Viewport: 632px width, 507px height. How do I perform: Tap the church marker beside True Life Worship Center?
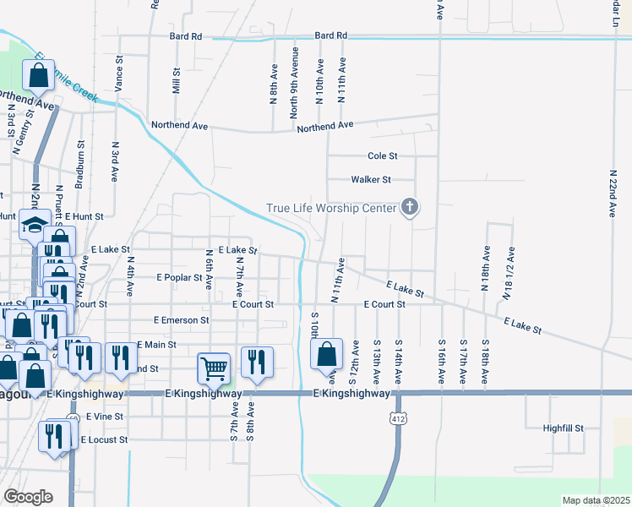click(410, 206)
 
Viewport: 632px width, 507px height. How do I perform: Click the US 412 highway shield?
click(397, 417)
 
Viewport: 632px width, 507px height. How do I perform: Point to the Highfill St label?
click(564, 428)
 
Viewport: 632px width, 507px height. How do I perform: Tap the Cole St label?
click(382, 156)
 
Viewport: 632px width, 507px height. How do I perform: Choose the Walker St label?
click(371, 179)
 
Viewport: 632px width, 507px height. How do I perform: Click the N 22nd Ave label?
click(612, 194)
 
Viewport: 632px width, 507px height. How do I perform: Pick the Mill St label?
click(177, 81)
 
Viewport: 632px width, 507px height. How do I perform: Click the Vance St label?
click(119, 74)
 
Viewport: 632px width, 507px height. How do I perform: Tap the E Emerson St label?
click(181, 320)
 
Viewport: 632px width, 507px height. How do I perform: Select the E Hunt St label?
click(84, 216)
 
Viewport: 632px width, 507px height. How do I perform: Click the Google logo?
click(29, 496)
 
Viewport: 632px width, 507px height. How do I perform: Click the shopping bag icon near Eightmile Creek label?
click(39, 76)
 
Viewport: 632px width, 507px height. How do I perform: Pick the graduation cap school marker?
click(35, 226)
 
